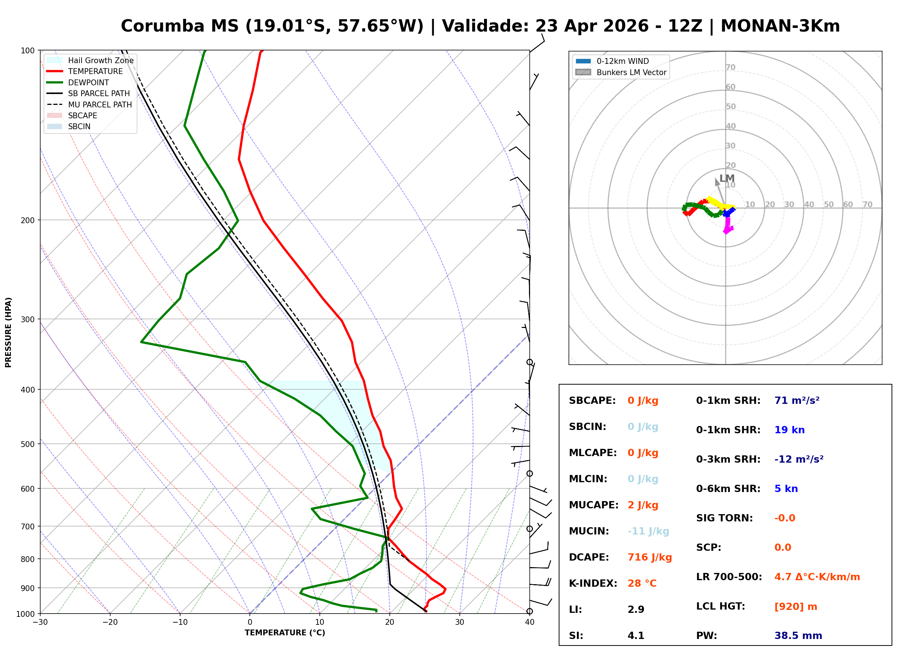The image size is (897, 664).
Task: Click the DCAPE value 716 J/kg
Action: click(649, 557)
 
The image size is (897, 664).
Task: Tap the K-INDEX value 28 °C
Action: click(642, 583)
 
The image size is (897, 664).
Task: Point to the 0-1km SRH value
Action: click(797, 400)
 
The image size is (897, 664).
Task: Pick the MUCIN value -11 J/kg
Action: click(648, 531)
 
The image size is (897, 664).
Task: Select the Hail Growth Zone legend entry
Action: click(100, 60)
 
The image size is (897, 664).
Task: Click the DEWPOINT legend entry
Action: click(88, 82)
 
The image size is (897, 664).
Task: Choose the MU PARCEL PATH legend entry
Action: click(100, 104)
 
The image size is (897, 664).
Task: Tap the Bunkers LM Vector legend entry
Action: click(631, 72)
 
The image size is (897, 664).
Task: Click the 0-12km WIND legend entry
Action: click(623, 61)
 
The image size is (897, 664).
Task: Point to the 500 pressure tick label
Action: click(28, 444)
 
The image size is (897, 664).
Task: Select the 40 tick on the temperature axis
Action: click(529, 622)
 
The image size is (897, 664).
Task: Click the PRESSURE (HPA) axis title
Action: click(8, 332)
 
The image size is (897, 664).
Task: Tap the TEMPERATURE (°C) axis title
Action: click(285, 633)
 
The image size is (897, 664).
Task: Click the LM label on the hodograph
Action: click(727, 178)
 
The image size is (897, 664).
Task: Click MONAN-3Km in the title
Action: click(780, 26)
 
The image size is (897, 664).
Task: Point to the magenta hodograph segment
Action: click(728, 226)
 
